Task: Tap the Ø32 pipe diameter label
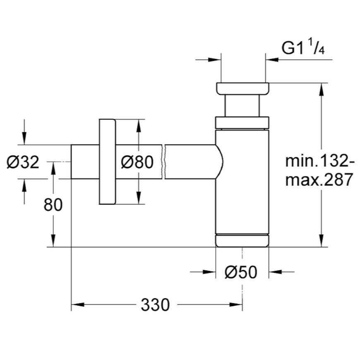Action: tap(23, 162)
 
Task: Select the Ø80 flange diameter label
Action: tap(137, 162)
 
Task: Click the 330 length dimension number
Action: tap(155, 305)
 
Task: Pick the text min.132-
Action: tap(320, 161)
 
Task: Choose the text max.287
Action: tap(319, 179)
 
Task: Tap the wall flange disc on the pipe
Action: tap(107, 162)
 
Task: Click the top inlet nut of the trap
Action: tap(242, 89)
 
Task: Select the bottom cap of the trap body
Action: tap(242, 241)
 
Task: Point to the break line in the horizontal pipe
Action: tap(163, 162)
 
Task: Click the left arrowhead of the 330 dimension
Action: tap(78, 305)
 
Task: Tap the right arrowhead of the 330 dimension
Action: tap(236, 305)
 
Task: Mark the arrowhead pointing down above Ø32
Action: tap(24, 139)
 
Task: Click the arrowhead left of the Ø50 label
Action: tap(209, 272)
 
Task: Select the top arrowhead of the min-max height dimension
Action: tap(322, 89)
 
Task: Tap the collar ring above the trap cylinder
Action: tap(242, 123)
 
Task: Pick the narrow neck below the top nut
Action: tap(242, 106)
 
